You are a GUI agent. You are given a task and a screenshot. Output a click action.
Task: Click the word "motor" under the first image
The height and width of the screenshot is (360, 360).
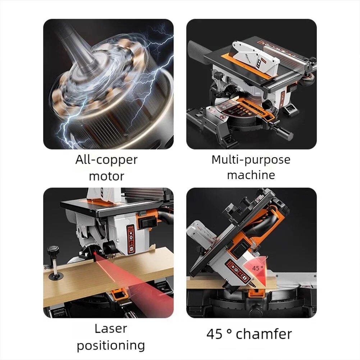point(106,176)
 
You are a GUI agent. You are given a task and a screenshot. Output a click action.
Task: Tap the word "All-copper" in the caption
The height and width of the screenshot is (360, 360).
point(106,159)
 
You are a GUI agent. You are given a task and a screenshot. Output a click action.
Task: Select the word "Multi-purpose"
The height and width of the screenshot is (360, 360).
point(251,159)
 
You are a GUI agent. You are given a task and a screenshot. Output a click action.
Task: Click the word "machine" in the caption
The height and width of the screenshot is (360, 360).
point(251,175)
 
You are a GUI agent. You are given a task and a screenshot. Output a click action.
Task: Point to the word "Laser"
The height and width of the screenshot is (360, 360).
point(111,328)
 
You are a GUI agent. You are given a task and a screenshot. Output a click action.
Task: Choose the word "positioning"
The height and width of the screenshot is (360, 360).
point(111,345)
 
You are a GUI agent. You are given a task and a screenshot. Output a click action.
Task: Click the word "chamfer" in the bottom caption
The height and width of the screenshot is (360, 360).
point(264,334)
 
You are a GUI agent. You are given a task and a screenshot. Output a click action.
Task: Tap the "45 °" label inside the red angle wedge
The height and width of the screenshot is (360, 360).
point(258,268)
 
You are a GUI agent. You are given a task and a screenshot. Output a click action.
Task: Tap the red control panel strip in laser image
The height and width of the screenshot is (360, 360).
point(131,238)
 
